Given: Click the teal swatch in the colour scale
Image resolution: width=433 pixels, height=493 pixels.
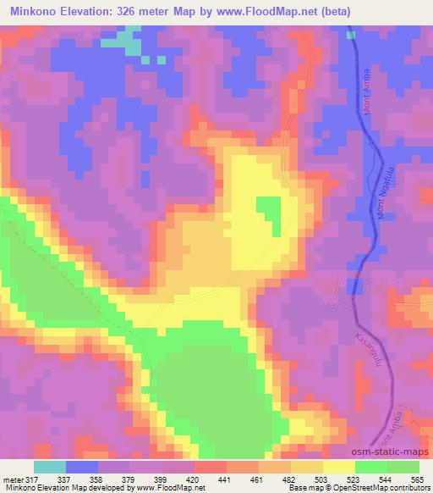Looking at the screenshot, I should pos(50,467).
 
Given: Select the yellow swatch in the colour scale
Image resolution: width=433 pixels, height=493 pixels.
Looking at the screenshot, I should pos(339,467).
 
